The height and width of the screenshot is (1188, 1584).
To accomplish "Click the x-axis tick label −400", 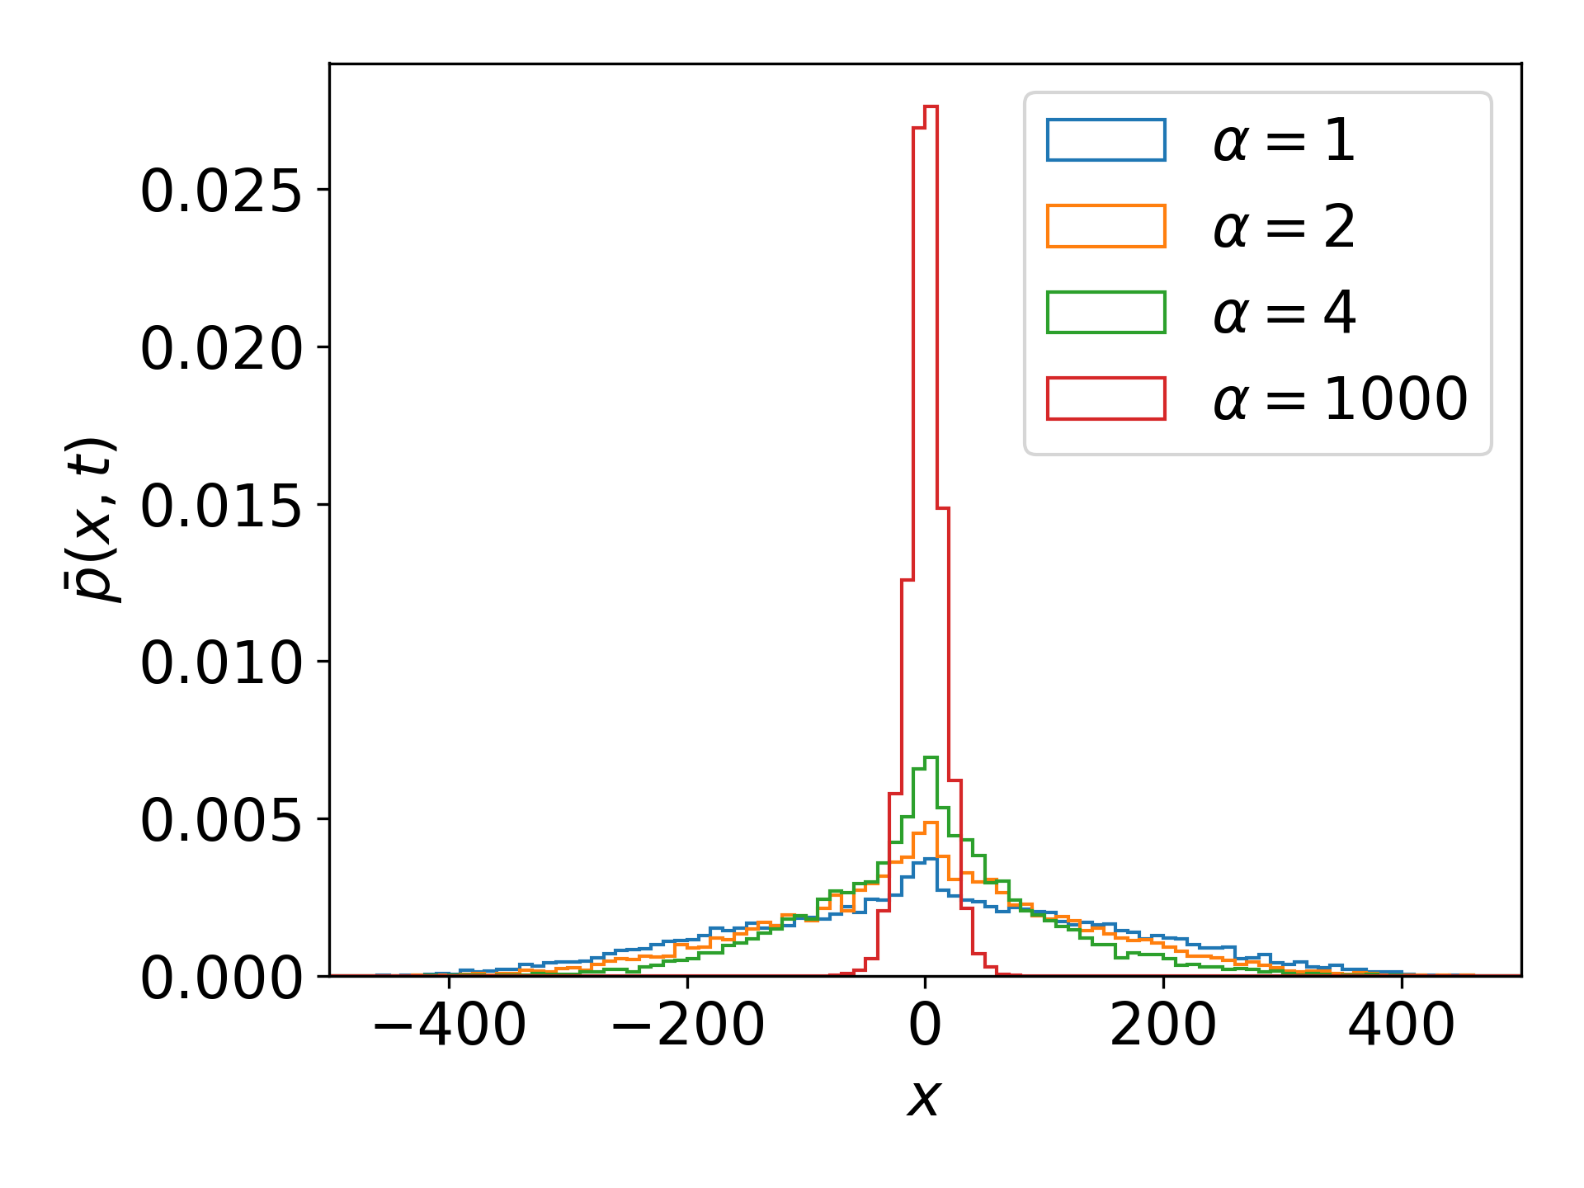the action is (449, 1025).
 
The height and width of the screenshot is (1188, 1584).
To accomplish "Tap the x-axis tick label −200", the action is (687, 1025).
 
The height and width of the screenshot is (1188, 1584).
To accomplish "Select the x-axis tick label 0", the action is (925, 1025).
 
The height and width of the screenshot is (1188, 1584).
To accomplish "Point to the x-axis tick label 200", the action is (1163, 1025).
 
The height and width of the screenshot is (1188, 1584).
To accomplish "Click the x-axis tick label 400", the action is (1401, 1025).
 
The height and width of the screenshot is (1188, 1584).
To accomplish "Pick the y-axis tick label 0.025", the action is (221, 191).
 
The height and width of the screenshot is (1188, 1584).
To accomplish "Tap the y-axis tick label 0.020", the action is (221, 348).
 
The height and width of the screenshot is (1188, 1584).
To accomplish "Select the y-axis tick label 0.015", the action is (221, 505).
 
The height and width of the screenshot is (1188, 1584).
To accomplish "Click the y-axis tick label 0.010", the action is (221, 662).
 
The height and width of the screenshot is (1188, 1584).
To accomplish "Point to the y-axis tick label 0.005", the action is (221, 820).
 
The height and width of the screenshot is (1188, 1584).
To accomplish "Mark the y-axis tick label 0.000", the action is (221, 978).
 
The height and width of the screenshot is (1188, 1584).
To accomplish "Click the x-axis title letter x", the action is (924, 1098).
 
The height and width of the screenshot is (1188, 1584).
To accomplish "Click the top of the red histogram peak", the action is (931, 106).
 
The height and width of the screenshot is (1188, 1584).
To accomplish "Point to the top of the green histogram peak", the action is (931, 757).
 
